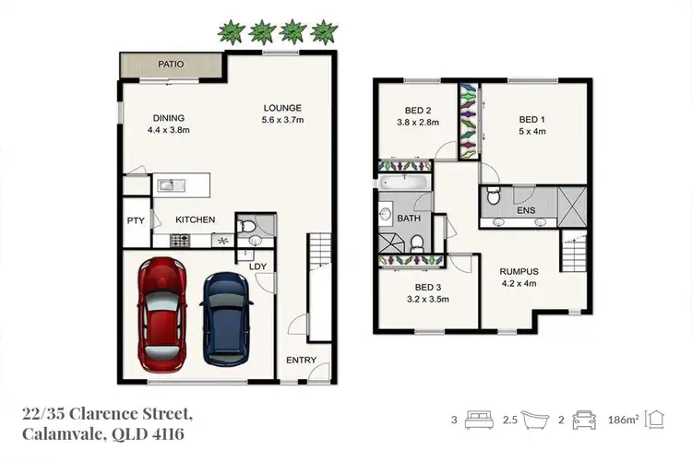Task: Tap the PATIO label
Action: [x=170, y=65]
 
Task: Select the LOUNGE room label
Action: [x=282, y=108]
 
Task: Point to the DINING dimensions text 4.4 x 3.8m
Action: [x=169, y=130]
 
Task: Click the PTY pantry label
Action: [x=136, y=220]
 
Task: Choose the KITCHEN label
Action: [x=196, y=219]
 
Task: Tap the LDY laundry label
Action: [x=257, y=267]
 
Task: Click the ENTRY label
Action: [x=301, y=360]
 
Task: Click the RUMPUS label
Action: [x=519, y=271]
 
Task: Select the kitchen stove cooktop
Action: [x=179, y=241]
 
